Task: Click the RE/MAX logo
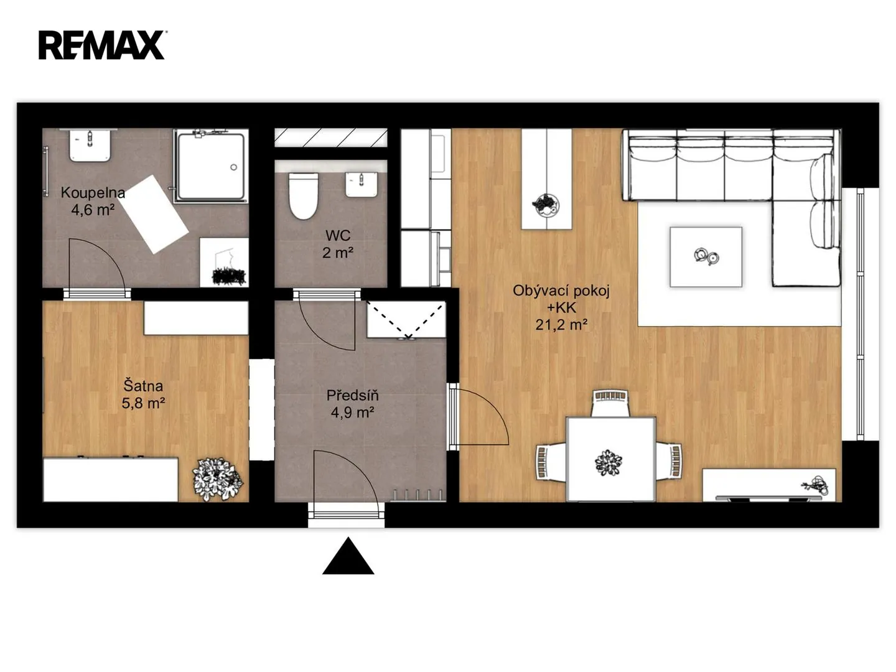[x=101, y=45]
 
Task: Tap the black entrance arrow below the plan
[x=348, y=556]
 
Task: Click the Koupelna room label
[x=93, y=193]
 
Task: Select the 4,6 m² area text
[x=93, y=210]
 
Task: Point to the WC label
[x=338, y=235]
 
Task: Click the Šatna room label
[x=143, y=386]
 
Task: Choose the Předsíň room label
[x=353, y=395]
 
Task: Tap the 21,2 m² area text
[x=561, y=325]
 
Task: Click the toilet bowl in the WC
[x=303, y=196]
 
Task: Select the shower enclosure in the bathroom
[x=211, y=166]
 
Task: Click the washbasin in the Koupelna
[x=90, y=145]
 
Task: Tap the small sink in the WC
[x=362, y=185]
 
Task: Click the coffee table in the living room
[x=706, y=257]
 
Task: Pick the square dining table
[x=611, y=459]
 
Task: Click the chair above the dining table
[x=610, y=403]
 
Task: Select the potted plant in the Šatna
[x=217, y=479]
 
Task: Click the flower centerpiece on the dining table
[x=608, y=463]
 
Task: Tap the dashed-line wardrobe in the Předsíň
[x=406, y=319]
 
